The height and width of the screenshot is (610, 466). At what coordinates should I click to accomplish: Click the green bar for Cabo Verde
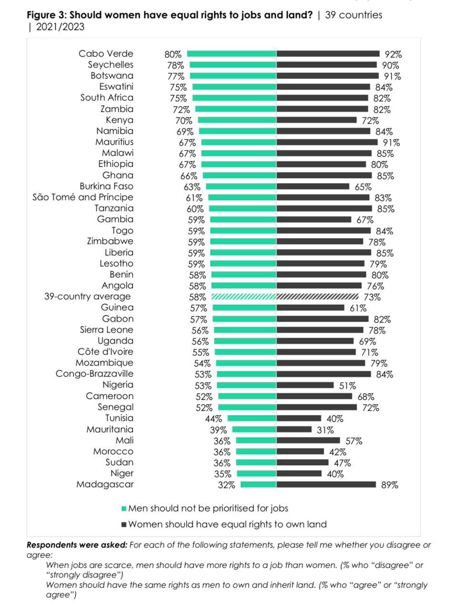pyautogui.click(x=232, y=54)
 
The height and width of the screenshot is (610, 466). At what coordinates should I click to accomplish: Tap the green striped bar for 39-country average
pyautogui.click(x=244, y=297)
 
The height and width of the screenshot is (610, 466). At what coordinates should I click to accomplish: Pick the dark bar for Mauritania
pyautogui.click(x=294, y=429)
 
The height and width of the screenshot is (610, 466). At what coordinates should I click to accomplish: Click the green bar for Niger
pyautogui.click(x=256, y=474)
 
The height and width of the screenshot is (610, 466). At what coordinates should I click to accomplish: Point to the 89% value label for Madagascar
pyautogui.click(x=389, y=485)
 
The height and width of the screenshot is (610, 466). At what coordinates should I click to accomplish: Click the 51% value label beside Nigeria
pyautogui.click(x=347, y=386)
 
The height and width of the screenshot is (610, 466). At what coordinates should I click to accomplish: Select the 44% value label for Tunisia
pyautogui.click(x=213, y=419)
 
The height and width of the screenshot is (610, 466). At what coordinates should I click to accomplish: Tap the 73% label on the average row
pyautogui.click(x=372, y=297)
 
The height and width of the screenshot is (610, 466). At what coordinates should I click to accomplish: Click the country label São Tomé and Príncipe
pyautogui.click(x=83, y=197)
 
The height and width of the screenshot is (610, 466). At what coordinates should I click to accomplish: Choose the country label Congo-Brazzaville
pyautogui.click(x=94, y=374)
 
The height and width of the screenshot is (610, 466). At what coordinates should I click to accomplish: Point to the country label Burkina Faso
pyautogui.click(x=106, y=186)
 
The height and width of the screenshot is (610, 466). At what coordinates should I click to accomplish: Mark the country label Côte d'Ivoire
pyautogui.click(x=105, y=352)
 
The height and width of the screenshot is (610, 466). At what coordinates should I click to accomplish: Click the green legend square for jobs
pyautogui.click(x=124, y=508)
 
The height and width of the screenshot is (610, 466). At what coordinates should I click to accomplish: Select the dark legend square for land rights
pyautogui.click(x=124, y=525)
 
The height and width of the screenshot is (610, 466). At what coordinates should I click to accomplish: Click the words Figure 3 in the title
pyautogui.click(x=46, y=15)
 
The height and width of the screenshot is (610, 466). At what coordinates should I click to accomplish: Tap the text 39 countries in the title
pyautogui.click(x=354, y=15)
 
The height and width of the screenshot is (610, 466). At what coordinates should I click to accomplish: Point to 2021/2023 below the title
pyautogui.click(x=60, y=27)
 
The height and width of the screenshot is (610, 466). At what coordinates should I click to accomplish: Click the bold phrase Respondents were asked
pyautogui.click(x=77, y=545)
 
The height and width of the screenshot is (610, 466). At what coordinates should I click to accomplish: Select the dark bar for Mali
pyautogui.click(x=308, y=440)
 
